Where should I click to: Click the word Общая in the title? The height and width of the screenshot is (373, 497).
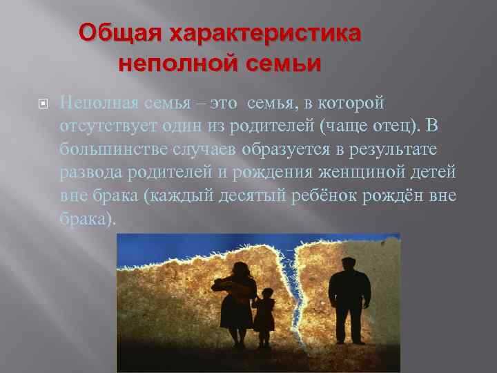pos(118,33)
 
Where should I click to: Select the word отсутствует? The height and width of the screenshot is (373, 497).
pos(108,126)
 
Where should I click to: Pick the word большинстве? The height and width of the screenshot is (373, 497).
pos(107,150)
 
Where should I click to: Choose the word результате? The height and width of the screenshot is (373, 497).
pos(399,150)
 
